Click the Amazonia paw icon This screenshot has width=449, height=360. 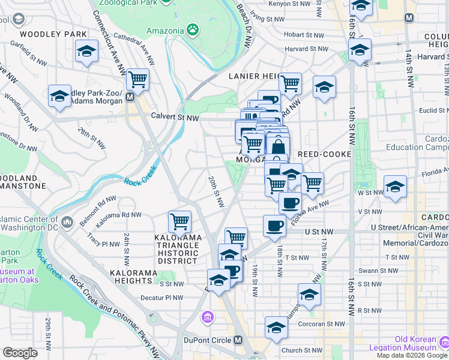[x=192, y=29]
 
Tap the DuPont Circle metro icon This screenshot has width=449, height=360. [x=238, y=340]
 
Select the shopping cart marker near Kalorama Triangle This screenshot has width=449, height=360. [x=180, y=221]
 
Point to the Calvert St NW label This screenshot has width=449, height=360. [x=175, y=117]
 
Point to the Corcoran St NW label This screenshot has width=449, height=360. [x=317, y=323]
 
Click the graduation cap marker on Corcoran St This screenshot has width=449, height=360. [x=276, y=327]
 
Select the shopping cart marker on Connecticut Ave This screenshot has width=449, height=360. [x=138, y=79]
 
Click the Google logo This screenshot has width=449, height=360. [x=20, y=353]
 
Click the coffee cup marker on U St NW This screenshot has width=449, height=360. [x=274, y=226]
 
